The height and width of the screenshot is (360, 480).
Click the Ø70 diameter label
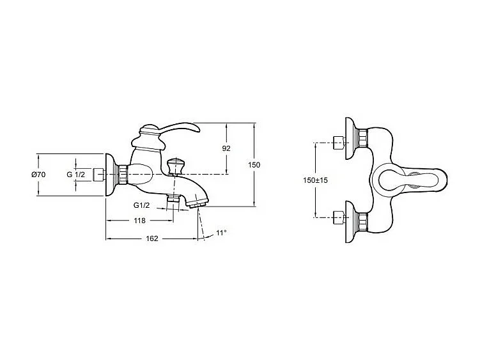click(x=38, y=175)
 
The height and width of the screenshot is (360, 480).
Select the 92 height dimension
click(x=226, y=148)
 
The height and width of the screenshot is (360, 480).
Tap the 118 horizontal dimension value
click(x=139, y=221)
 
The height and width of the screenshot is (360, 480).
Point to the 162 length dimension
click(x=152, y=239)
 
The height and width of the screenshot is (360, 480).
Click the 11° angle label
click(x=221, y=233)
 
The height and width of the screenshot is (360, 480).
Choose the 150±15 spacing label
click(x=315, y=180)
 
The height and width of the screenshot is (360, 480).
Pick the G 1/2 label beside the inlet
click(x=75, y=175)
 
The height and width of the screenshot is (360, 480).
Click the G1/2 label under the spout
click(x=141, y=205)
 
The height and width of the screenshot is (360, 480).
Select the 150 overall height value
click(x=254, y=165)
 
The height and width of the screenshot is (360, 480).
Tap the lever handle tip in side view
click(x=197, y=130)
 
